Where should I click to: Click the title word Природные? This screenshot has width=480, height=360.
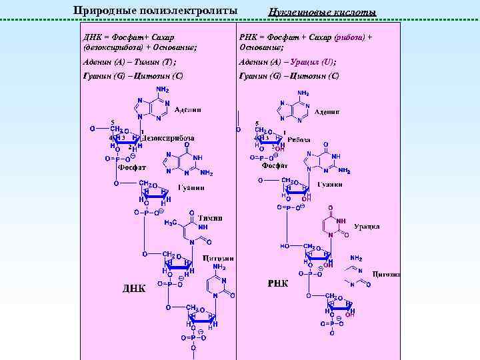pos(101,11)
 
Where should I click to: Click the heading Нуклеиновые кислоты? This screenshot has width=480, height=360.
pos(322,13)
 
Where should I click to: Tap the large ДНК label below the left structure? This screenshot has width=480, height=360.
pos(133,287)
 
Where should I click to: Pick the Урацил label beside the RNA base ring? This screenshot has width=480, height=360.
pos(367,227)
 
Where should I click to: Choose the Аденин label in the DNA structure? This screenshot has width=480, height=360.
pos(188,109)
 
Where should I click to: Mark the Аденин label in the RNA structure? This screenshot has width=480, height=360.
pos(327,112)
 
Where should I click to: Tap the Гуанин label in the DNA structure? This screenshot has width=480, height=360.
pos(191,187)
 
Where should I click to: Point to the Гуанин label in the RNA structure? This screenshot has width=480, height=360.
pos(330,184)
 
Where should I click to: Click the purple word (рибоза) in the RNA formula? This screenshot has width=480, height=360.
pos(349,38)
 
